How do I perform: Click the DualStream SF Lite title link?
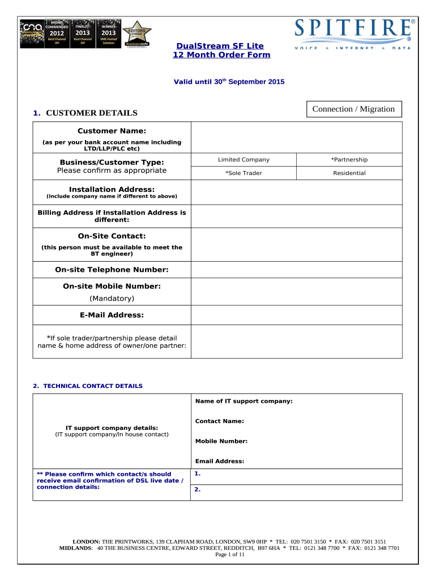[220, 45]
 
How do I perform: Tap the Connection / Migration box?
[354, 109]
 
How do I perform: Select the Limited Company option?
[243, 160]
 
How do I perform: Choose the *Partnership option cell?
[349, 160]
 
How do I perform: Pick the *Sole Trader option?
[243, 173]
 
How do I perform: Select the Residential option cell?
[349, 173]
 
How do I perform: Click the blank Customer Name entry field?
[296, 137]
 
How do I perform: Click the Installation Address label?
[112, 189]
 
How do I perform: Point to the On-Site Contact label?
[112, 236]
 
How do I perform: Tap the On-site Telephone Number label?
[112, 270]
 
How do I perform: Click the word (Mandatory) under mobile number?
[112, 298]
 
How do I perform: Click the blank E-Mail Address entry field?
[296, 315]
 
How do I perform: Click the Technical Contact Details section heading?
[88, 386]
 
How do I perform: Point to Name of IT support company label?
[243, 401]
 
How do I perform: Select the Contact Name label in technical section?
[220, 421]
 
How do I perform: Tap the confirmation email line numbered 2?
[296, 491]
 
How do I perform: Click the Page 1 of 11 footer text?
[230, 555]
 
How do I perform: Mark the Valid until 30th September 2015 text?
[228, 82]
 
